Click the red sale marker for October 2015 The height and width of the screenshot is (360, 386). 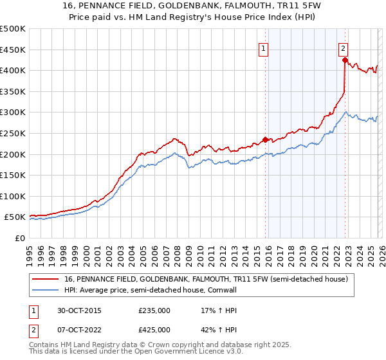click(265, 139)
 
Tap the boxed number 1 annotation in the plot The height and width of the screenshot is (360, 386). click(264, 48)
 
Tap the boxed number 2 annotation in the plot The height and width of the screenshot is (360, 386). click(344, 48)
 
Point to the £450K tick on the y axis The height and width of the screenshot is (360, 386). click(13, 50)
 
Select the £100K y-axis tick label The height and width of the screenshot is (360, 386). click(13, 196)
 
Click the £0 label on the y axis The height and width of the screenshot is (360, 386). click(21, 238)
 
